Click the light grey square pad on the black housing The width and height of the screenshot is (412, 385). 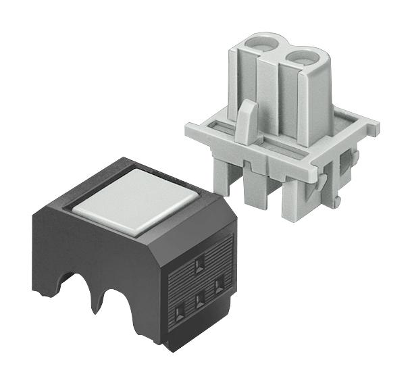pyautogui.click(x=137, y=200)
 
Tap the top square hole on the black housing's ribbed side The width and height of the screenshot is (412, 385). pyautogui.click(x=199, y=265)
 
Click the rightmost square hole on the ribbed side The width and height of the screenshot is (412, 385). pyautogui.click(x=218, y=286)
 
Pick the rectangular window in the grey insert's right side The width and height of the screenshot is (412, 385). pyautogui.click(x=349, y=160)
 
